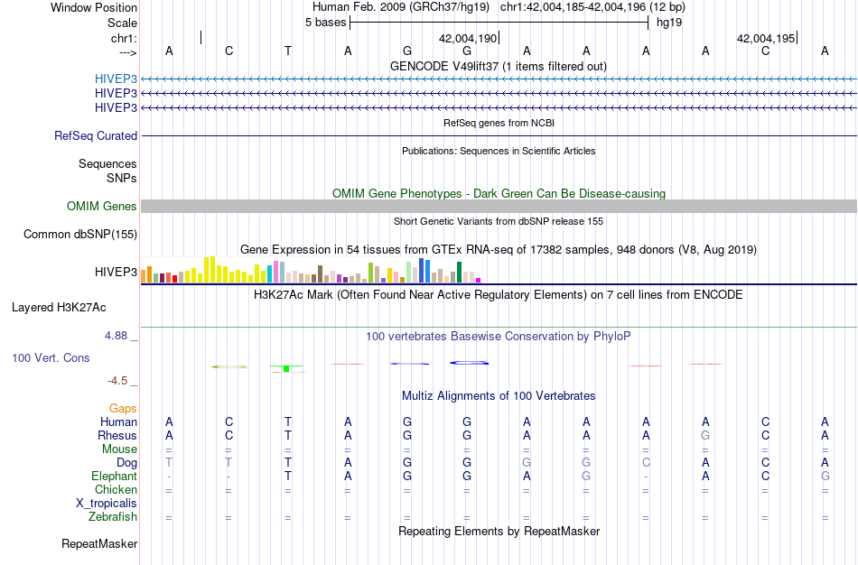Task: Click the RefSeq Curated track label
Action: [96, 136]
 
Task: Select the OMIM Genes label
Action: [102, 207]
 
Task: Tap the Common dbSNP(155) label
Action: [79, 235]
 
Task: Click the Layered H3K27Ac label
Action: [59, 308]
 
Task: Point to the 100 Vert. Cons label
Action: [51, 358]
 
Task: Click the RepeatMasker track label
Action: [99, 544]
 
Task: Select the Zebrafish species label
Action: [113, 517]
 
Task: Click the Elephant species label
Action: [114, 477]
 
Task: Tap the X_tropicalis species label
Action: [107, 504]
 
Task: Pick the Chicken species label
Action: [116, 490]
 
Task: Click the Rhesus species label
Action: [117, 436]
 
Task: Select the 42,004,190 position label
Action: [468, 39]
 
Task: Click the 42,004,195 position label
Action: [766, 39]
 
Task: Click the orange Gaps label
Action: [123, 409]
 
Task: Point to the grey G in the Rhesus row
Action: [705, 436]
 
